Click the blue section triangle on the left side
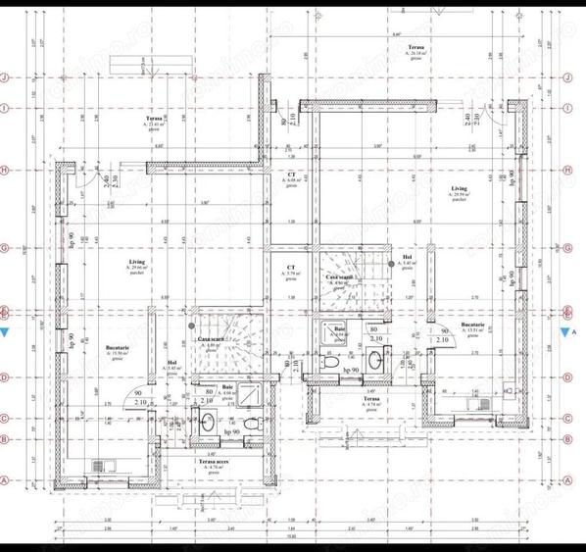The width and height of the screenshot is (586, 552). coord(7,333)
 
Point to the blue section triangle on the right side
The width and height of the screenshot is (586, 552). coord(565,332)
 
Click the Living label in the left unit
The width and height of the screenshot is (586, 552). coord(136,263)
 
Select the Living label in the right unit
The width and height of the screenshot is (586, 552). coord(459,187)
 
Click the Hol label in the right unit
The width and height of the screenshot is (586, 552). coord(408,257)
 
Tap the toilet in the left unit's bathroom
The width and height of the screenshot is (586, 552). coord(253,424)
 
